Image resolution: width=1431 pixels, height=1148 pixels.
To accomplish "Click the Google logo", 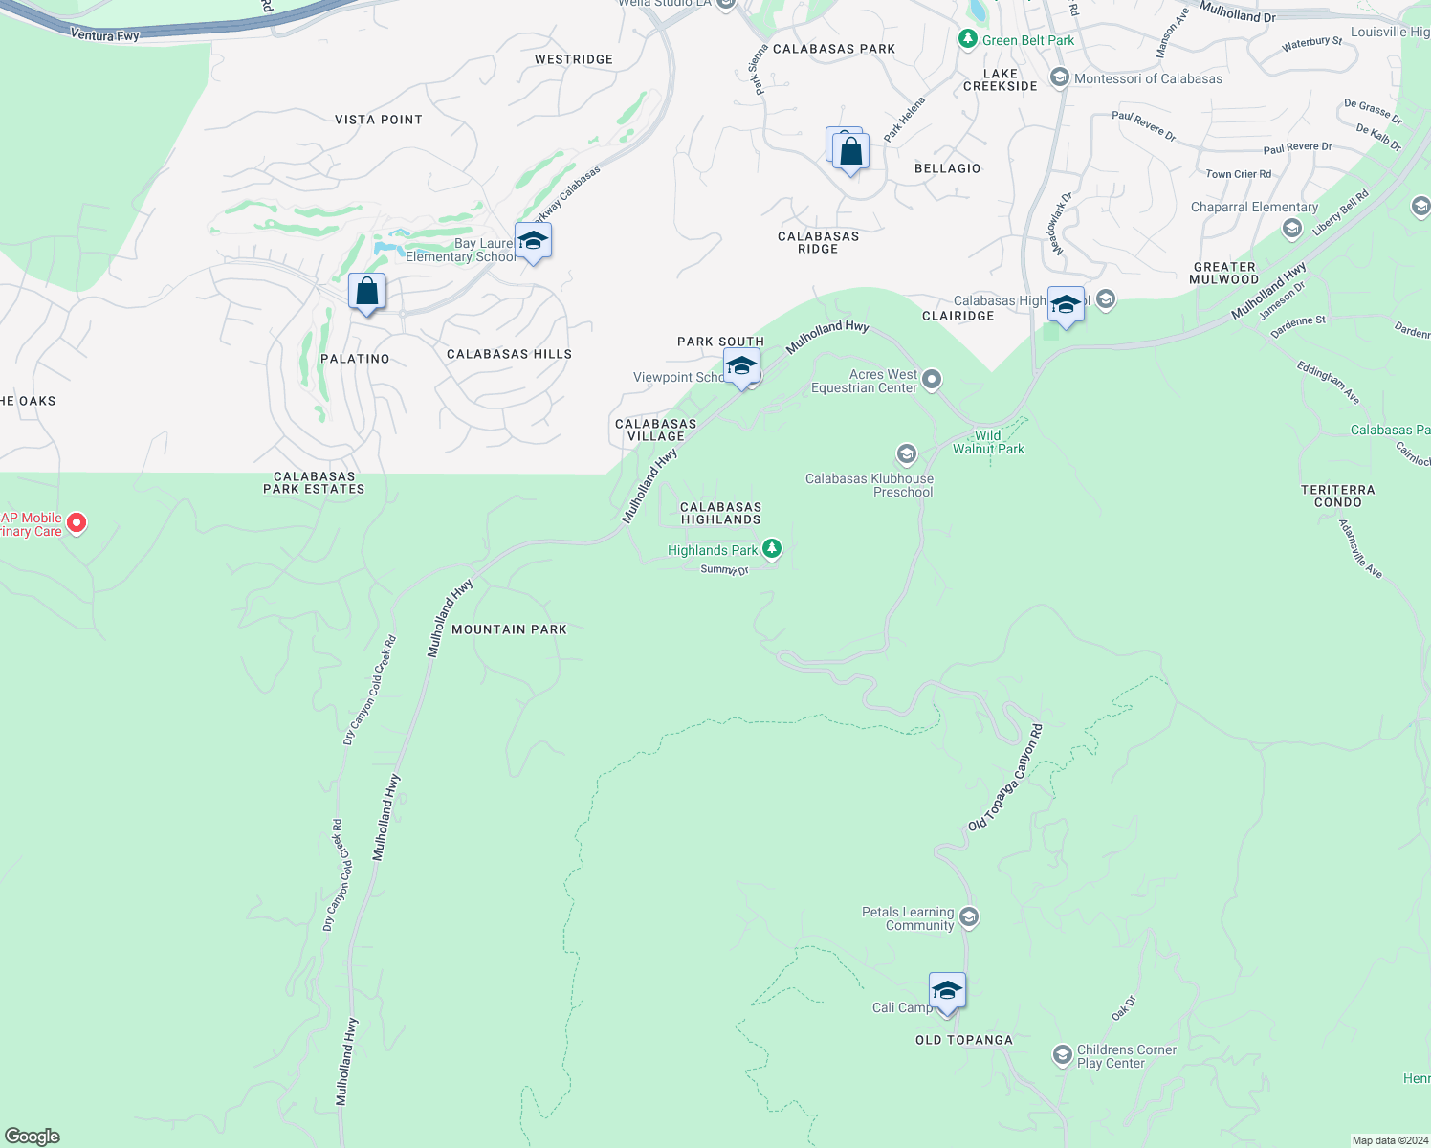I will (33, 1137).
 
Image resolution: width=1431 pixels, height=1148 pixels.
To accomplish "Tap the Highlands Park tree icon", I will (772, 549).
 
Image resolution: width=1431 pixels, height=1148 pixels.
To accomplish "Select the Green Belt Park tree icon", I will (967, 39).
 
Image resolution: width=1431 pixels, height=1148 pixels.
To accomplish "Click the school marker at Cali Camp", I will (946, 991).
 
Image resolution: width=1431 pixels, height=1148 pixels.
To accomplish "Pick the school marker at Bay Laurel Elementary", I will (533, 241).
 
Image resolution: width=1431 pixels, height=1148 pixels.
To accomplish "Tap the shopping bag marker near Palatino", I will (366, 292).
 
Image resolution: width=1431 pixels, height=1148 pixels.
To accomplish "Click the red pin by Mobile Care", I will (77, 523).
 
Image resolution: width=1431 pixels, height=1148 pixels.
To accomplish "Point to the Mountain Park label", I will (509, 629).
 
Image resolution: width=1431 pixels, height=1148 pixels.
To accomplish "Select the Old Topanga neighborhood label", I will (963, 1040).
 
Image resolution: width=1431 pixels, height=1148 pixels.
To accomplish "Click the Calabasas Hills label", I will (509, 354).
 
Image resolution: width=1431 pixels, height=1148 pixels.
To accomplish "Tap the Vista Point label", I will (378, 120).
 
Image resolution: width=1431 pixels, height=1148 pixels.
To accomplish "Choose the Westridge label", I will (573, 59).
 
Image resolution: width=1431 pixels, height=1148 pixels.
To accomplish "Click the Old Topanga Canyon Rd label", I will (1005, 778).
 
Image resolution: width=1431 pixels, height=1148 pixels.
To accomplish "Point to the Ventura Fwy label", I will (105, 35).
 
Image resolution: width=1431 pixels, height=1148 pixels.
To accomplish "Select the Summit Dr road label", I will (724, 569).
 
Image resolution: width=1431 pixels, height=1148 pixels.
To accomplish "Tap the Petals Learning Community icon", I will (968, 917).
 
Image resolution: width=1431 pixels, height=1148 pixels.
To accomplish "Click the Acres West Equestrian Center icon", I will (931, 381).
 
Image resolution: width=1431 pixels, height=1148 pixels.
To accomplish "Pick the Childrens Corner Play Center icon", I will (1062, 1055).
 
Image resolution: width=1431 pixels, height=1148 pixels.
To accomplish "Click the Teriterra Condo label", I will (1337, 496).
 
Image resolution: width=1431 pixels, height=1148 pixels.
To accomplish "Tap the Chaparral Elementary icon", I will (1292, 228).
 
